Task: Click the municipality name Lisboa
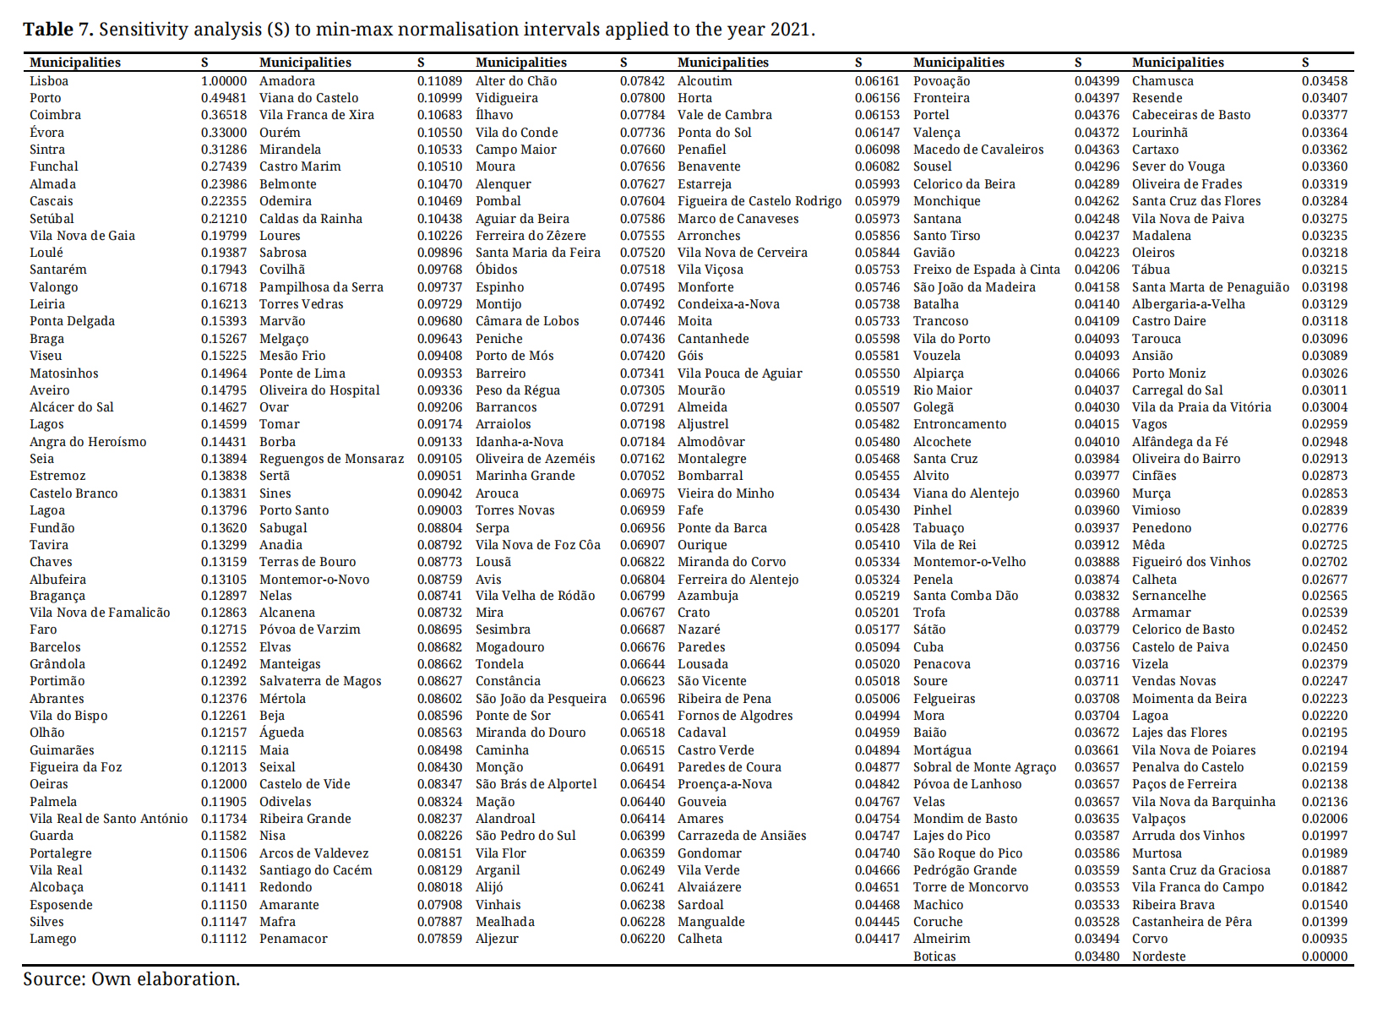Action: tap(49, 81)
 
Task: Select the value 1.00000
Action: tap(224, 81)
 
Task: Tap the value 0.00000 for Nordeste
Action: tap(1325, 956)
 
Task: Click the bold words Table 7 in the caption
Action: tap(58, 30)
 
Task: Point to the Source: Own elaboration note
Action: tap(131, 979)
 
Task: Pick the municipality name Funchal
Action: tap(54, 166)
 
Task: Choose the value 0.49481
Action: tap(224, 98)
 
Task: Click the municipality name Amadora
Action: tap(287, 81)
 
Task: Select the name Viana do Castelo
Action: tap(309, 98)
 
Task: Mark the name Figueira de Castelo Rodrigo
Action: tap(760, 201)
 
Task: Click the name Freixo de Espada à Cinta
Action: tap(987, 270)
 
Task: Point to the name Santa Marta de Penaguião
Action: tap(1211, 287)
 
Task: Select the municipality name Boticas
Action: tap(934, 956)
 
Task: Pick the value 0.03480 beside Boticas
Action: tap(1097, 956)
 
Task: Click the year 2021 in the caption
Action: tap(790, 30)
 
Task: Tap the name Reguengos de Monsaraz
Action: tap(332, 459)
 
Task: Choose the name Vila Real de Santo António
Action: tap(109, 819)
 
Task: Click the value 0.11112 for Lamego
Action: tap(224, 939)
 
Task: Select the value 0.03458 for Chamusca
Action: tap(1325, 81)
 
